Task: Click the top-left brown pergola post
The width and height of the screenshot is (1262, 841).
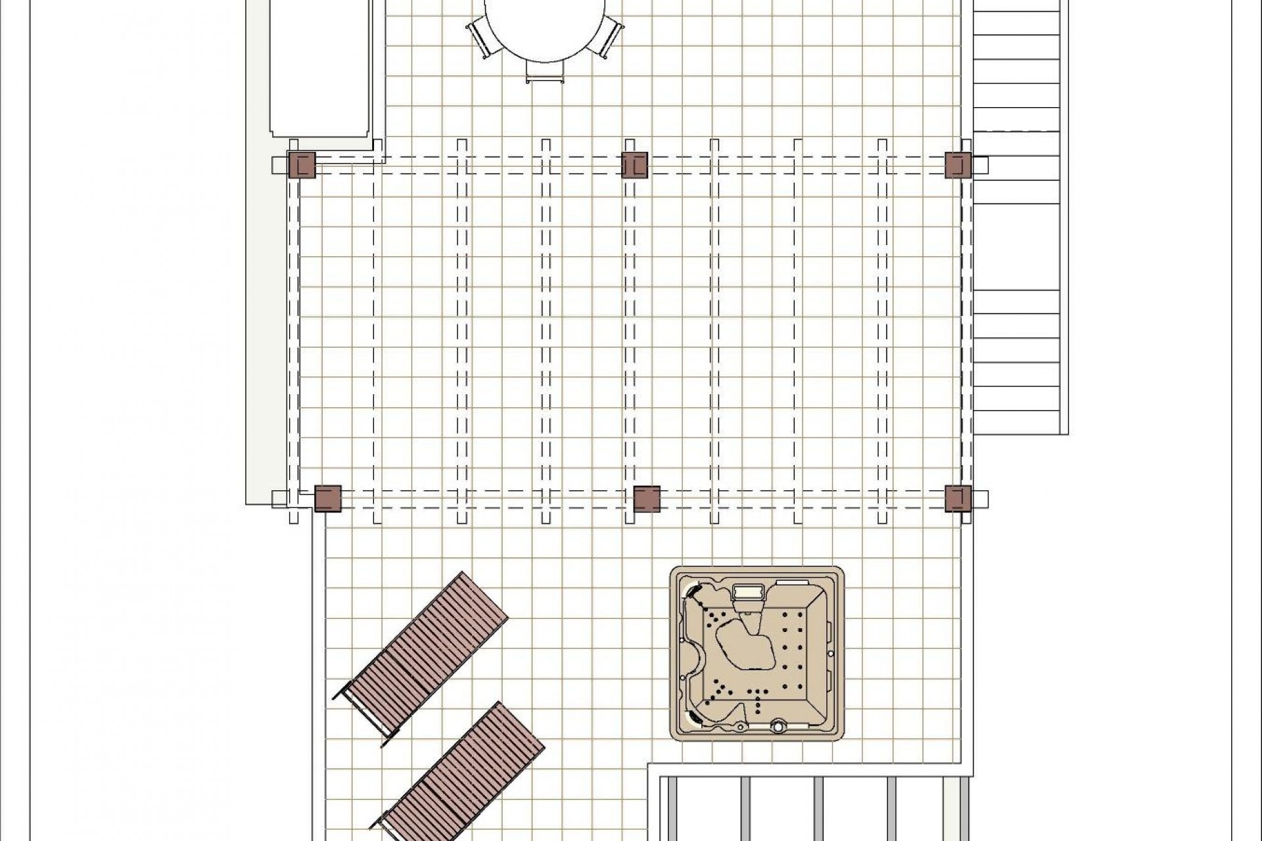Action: click(302, 165)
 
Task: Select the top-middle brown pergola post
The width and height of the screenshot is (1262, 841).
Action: click(634, 165)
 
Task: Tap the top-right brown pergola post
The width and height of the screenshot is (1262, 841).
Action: click(958, 165)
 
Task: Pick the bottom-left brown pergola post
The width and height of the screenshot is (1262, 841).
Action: click(327, 499)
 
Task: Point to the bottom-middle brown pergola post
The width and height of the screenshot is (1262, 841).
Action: click(647, 499)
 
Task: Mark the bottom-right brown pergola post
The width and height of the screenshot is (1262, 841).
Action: click(958, 499)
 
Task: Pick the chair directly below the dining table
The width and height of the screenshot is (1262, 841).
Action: click(545, 73)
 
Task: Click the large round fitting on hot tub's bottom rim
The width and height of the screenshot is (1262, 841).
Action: click(778, 727)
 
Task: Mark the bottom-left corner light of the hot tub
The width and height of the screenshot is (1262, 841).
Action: click(693, 719)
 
